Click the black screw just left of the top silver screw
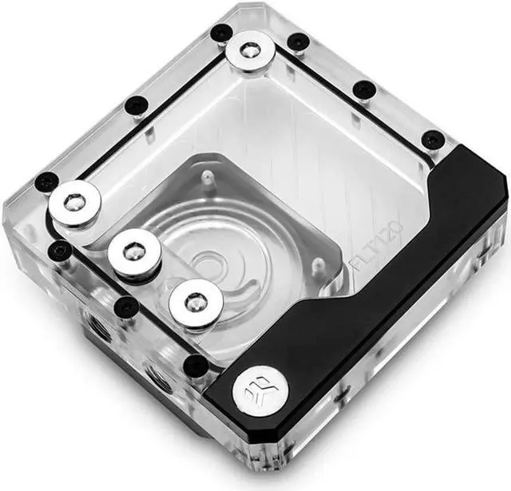[x=221, y=33]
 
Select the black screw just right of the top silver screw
[x=297, y=42]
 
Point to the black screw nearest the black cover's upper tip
[x=432, y=140]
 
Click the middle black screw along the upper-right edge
[x=364, y=89]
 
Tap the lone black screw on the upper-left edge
[x=137, y=105]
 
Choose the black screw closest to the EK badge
[x=196, y=365]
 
